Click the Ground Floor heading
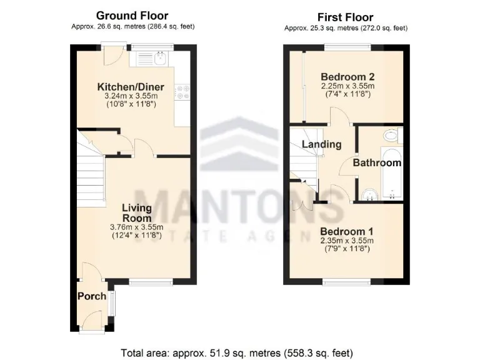(x=131, y=15)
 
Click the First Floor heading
(x=345, y=17)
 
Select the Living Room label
(x=136, y=213)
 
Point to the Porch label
(x=92, y=296)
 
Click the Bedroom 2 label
(x=347, y=76)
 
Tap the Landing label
(x=321, y=144)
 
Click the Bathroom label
(x=377, y=162)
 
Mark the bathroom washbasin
(x=370, y=194)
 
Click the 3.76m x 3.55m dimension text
(x=136, y=227)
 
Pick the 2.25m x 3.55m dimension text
(x=347, y=86)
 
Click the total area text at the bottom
(x=240, y=352)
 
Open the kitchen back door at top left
(x=114, y=55)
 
